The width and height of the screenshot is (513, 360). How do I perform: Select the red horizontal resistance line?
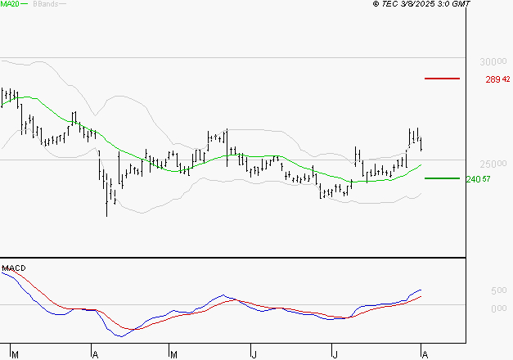click(x=443, y=79)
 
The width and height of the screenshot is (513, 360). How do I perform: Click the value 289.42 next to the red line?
click(x=497, y=79)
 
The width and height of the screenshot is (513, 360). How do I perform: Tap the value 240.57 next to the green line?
click(x=477, y=179)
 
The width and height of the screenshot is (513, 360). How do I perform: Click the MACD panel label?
click(x=13, y=268)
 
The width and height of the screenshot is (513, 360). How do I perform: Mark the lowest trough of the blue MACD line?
click(x=120, y=335)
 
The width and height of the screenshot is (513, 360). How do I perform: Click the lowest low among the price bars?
click(x=107, y=214)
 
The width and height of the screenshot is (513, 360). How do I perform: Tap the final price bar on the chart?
click(x=421, y=144)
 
